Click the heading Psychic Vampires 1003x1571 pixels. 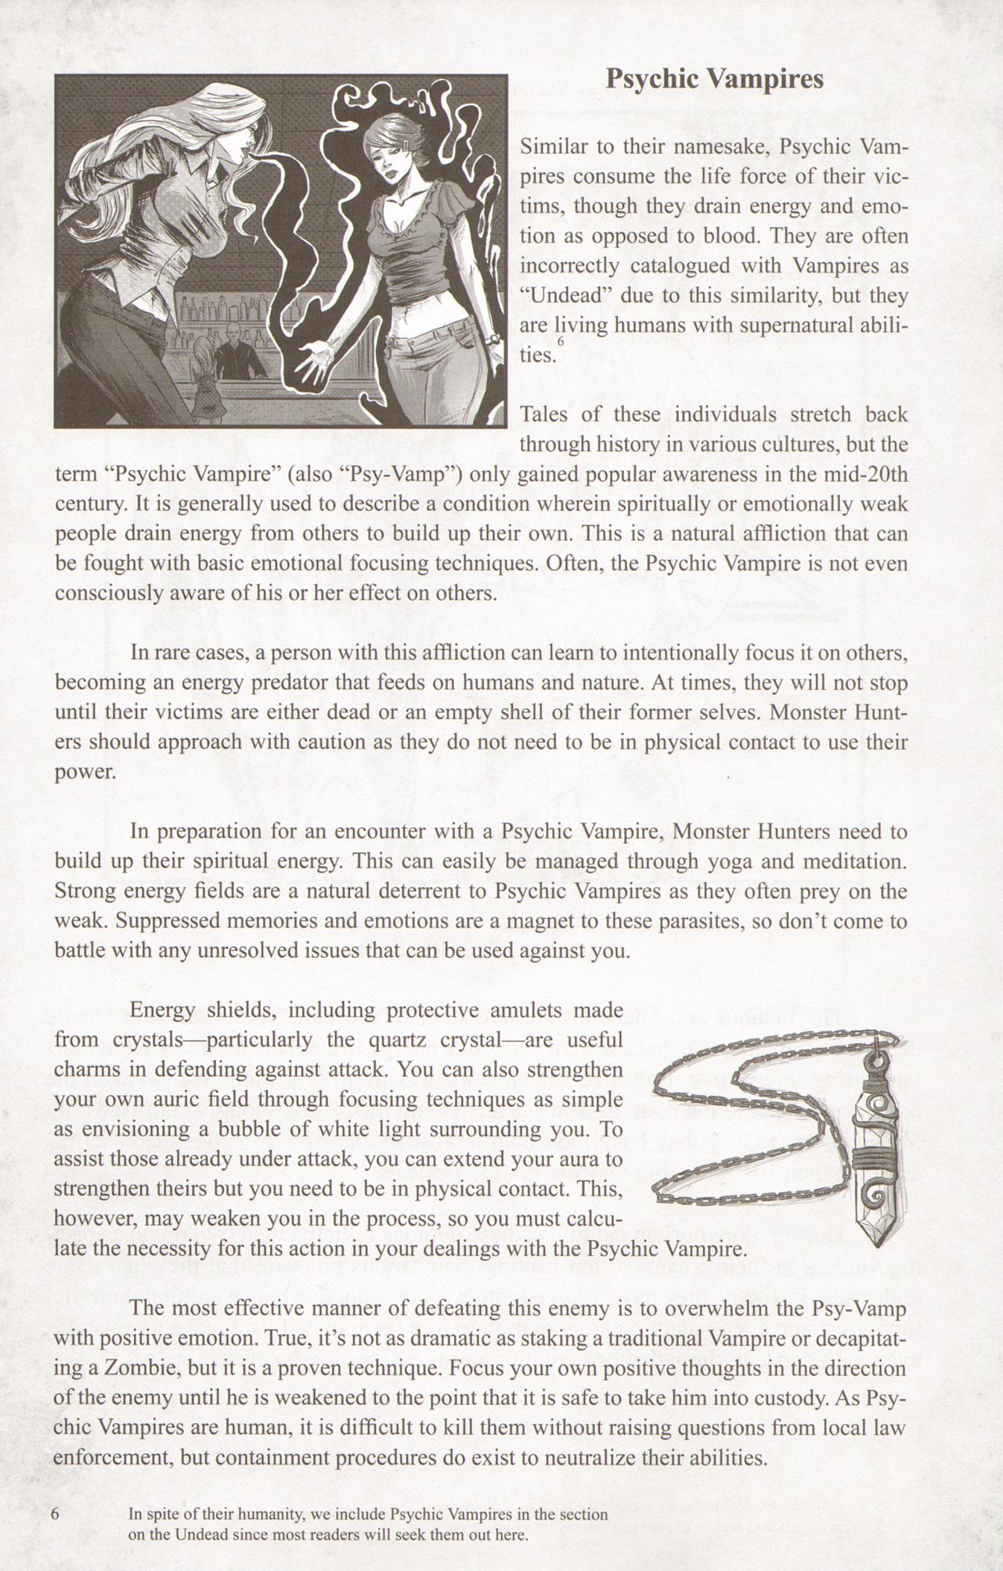pyautogui.click(x=714, y=79)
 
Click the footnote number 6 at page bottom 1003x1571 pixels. pyautogui.click(x=55, y=1514)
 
